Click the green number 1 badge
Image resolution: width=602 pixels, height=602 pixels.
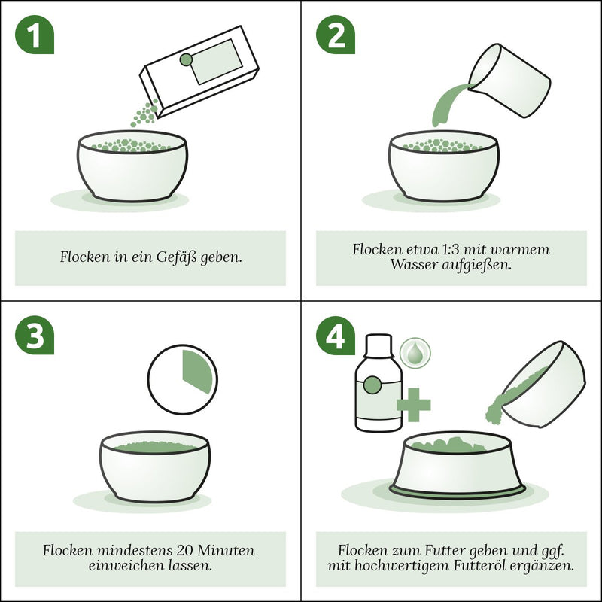tap(35, 35)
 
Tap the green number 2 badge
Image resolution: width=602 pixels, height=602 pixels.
tap(336, 35)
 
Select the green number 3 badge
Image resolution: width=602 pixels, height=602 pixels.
tap(35, 335)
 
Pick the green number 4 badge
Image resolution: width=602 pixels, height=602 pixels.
tap(336, 335)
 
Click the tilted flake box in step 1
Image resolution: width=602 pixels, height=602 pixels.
tap(199, 71)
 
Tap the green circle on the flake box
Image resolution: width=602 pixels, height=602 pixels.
tap(186, 59)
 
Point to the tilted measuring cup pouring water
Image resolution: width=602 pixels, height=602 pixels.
tap(510, 81)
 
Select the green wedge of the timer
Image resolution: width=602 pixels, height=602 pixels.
tap(197, 371)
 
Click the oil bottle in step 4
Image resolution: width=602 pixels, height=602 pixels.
tap(379, 383)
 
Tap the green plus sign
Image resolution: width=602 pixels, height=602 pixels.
tap(413, 405)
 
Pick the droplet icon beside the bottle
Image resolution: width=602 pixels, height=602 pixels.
tap(415, 353)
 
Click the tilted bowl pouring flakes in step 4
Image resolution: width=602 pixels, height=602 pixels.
tap(537, 384)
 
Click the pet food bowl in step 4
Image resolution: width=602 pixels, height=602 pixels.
tap(457, 465)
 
